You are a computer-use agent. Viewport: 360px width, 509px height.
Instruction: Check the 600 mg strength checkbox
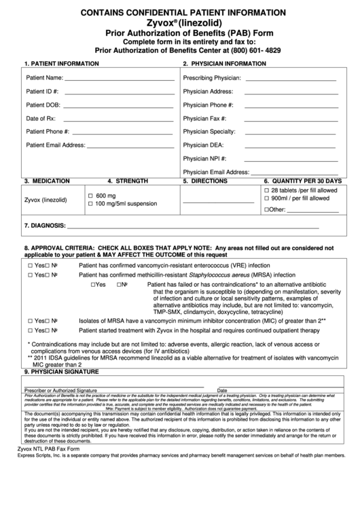[90, 196]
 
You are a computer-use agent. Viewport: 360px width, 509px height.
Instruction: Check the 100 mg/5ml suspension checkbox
[90, 204]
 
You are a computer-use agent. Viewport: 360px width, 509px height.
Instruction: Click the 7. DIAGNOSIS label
[45, 226]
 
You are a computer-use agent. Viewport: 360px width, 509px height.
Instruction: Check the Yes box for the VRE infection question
[31, 265]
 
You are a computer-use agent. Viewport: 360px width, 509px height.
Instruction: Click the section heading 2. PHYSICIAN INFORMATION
[224, 63]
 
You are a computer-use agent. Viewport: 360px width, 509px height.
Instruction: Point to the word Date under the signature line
[222, 391]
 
